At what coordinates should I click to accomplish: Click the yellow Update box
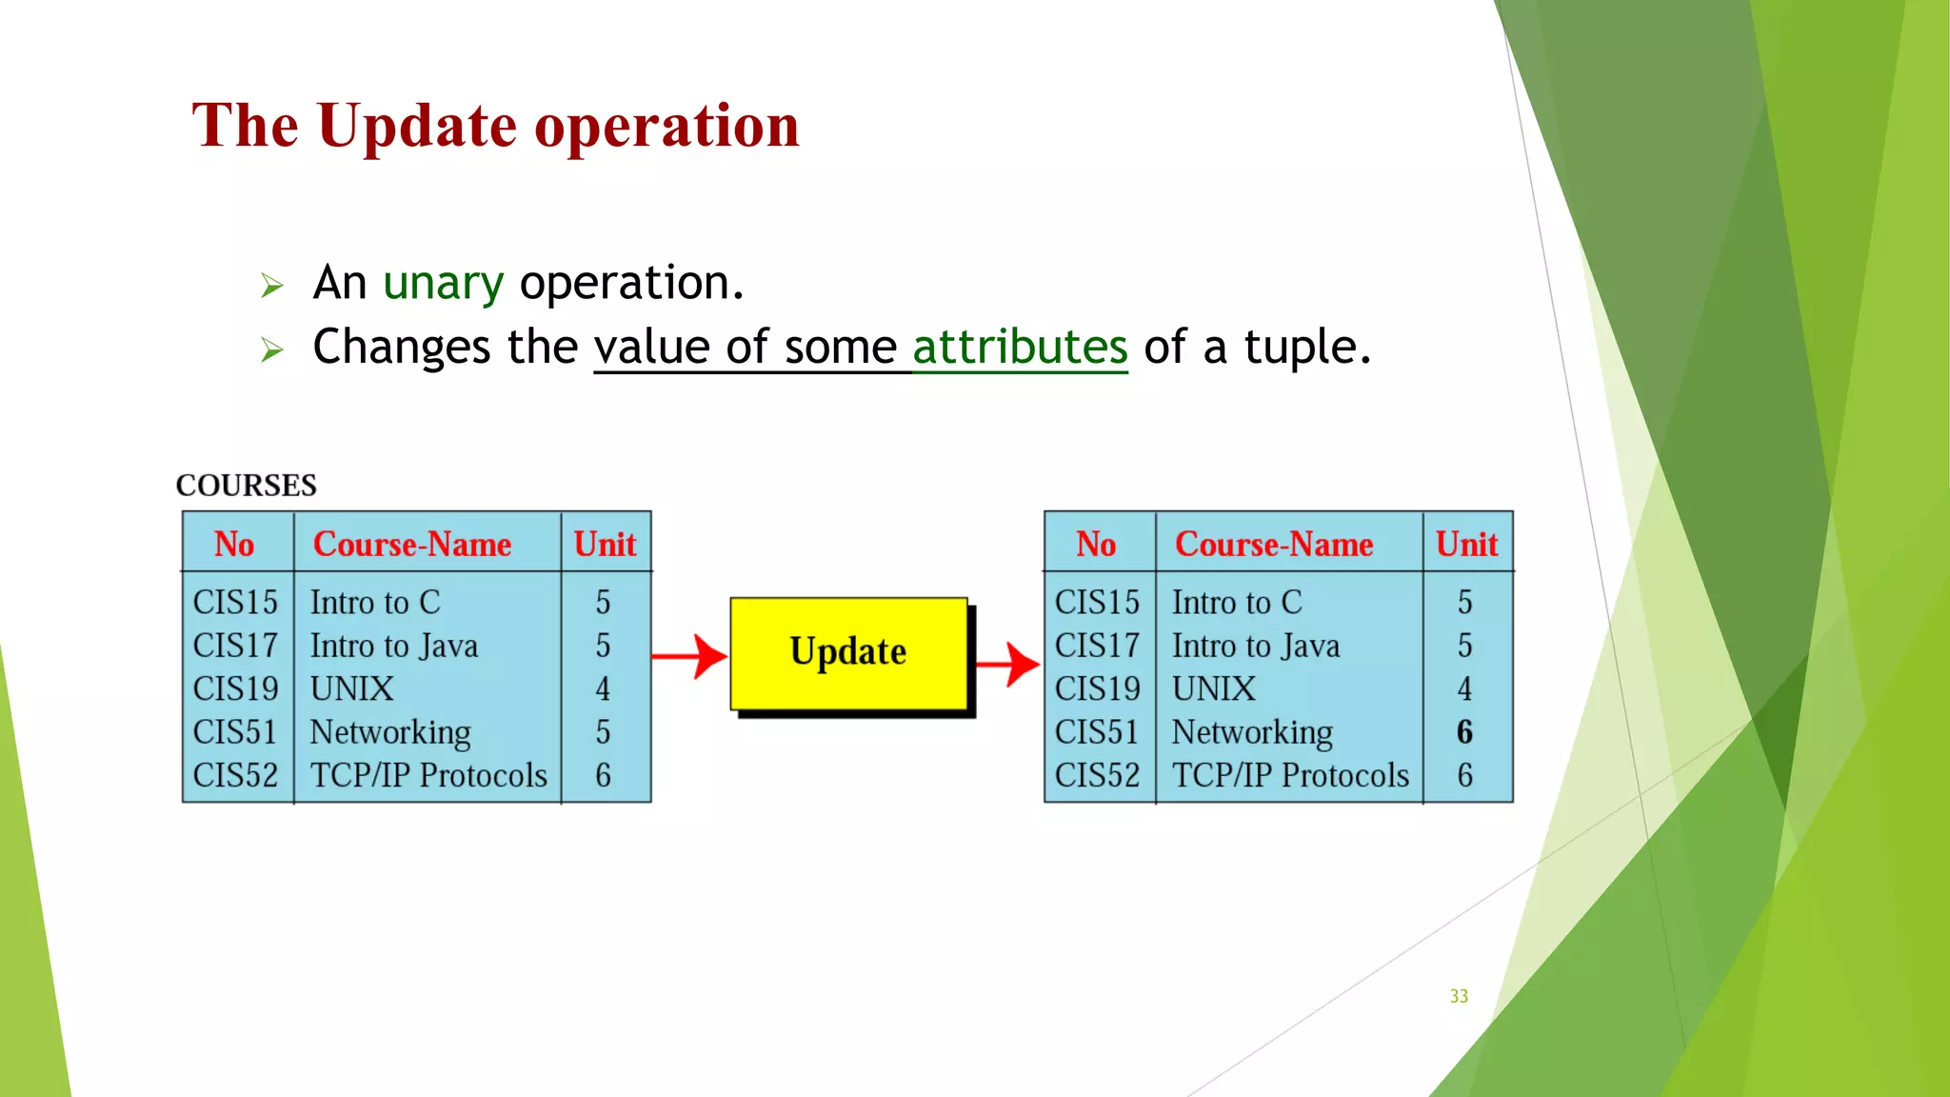(x=848, y=653)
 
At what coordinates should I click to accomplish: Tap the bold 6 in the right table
(x=1464, y=732)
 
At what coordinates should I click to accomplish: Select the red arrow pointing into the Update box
(x=690, y=656)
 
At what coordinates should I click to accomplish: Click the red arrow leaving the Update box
(x=1008, y=664)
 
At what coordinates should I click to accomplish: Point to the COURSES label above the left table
(x=246, y=486)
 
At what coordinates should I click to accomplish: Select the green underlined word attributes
(x=1020, y=348)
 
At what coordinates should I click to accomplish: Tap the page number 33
(x=1459, y=996)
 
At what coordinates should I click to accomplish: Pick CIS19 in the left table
(x=235, y=689)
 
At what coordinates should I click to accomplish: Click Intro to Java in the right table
(x=1255, y=647)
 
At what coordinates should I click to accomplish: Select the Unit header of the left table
(x=605, y=545)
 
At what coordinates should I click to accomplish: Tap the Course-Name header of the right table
(x=1274, y=545)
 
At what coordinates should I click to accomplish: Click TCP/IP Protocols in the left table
(x=428, y=776)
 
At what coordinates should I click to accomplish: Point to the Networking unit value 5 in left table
(x=603, y=732)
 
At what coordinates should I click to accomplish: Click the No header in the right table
(x=1096, y=545)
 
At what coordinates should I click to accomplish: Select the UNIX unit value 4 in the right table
(x=1464, y=689)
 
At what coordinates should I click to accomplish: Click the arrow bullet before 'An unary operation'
(x=272, y=286)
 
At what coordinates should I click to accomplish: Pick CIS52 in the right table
(x=1097, y=776)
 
